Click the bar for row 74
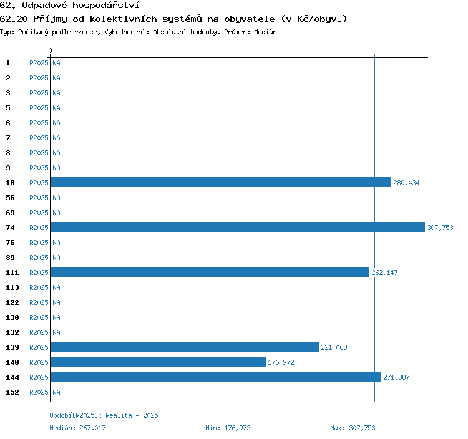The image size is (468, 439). (237, 228)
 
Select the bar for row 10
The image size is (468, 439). (221, 183)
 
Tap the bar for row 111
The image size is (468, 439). (210, 273)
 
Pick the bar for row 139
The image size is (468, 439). (185, 347)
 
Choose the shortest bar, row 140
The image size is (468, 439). (158, 362)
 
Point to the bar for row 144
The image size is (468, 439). (216, 377)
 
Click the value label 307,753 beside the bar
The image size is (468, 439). (440, 228)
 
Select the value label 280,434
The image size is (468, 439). (406, 183)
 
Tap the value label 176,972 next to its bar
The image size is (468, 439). (281, 362)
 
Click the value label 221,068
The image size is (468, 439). (334, 347)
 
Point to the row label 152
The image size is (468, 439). (12, 392)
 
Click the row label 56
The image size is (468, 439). (10, 198)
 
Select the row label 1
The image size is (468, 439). (8, 63)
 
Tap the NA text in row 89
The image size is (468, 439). (56, 258)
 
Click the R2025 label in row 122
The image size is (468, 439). (39, 302)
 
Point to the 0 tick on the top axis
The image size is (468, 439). (51, 51)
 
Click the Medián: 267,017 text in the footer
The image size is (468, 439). (78, 428)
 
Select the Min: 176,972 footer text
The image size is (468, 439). (228, 428)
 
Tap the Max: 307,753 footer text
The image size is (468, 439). (353, 428)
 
